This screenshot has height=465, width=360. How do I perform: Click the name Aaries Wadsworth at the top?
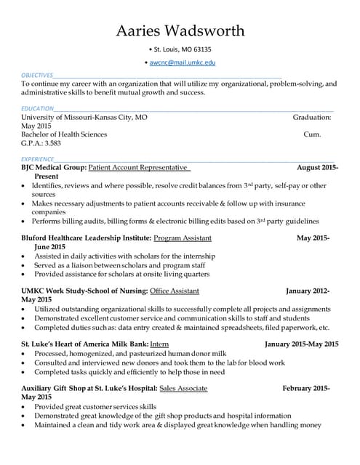click(180, 30)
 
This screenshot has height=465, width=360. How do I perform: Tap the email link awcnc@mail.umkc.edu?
click(182, 63)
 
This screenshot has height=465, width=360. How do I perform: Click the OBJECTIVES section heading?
click(36, 75)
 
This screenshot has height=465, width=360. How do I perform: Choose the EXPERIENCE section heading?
click(37, 158)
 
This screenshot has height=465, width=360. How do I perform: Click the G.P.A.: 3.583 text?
click(41, 143)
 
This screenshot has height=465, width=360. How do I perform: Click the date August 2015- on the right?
click(317, 167)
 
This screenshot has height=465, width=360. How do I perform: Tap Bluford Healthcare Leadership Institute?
click(87, 238)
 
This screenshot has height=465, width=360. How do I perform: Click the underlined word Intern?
click(159, 344)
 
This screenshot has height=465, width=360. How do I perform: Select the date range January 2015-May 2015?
click(301, 344)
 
